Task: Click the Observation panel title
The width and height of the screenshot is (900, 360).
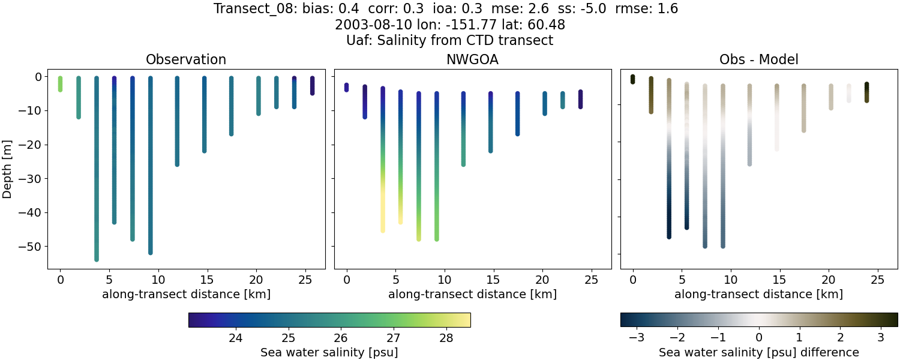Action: [186, 59]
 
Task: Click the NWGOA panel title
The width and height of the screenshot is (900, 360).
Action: [472, 59]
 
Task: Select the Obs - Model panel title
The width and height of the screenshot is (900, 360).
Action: [758, 59]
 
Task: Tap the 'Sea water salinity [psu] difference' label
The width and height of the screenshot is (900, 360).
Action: [758, 352]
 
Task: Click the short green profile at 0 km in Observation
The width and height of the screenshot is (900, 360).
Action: [60, 84]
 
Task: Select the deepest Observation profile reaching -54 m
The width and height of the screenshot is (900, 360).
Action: [96, 180]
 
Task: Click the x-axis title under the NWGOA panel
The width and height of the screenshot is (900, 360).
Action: [472, 295]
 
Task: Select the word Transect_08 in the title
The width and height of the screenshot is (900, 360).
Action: [248, 9]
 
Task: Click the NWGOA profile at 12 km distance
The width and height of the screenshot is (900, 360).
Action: [463, 129]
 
